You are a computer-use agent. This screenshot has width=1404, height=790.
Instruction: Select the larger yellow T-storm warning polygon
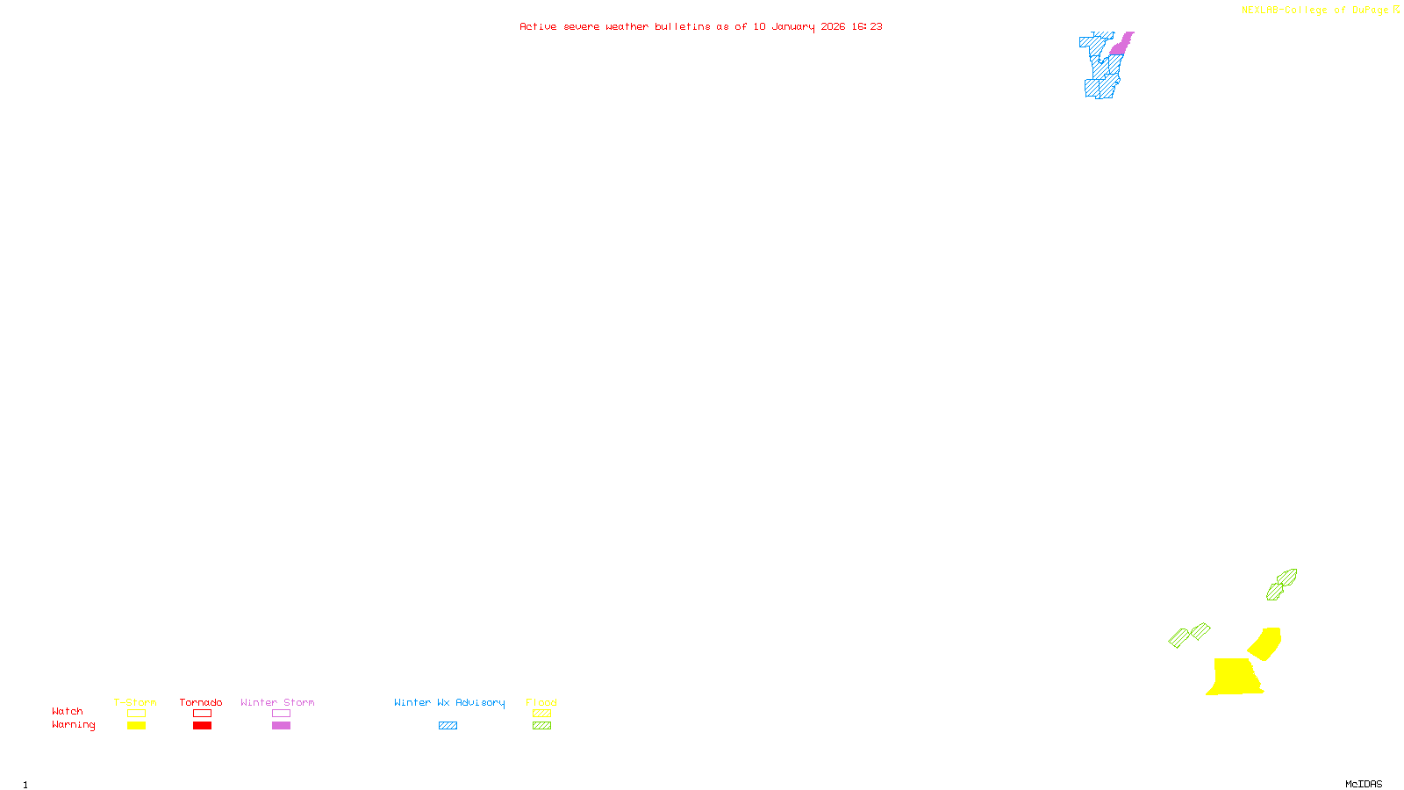point(1234,676)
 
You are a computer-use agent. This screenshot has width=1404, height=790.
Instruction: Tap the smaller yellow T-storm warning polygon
point(1265,643)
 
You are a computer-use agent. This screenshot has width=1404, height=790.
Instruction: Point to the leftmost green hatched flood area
point(1178,638)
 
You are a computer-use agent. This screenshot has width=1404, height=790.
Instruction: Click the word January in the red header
point(792,26)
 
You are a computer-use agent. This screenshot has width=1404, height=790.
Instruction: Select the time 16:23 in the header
point(867,26)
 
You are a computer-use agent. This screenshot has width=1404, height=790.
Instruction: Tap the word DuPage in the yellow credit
point(1370,10)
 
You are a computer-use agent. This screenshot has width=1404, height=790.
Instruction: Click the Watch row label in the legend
point(68,711)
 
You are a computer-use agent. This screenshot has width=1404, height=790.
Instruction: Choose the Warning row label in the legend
point(73,725)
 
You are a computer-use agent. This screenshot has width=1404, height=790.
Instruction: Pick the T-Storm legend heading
point(135,702)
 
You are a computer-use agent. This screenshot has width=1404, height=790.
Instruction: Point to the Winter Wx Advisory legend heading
point(449,702)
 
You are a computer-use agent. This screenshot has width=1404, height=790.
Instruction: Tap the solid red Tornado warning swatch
point(202,726)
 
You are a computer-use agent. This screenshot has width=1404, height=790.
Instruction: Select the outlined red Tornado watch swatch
point(202,714)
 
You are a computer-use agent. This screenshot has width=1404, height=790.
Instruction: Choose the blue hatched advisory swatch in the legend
point(448,726)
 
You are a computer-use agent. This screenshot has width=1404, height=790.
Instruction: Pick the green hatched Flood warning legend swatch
point(541,726)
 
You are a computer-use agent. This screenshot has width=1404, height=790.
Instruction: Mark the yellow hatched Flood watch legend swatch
point(541,714)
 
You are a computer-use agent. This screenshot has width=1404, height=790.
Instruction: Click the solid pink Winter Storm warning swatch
point(281,726)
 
